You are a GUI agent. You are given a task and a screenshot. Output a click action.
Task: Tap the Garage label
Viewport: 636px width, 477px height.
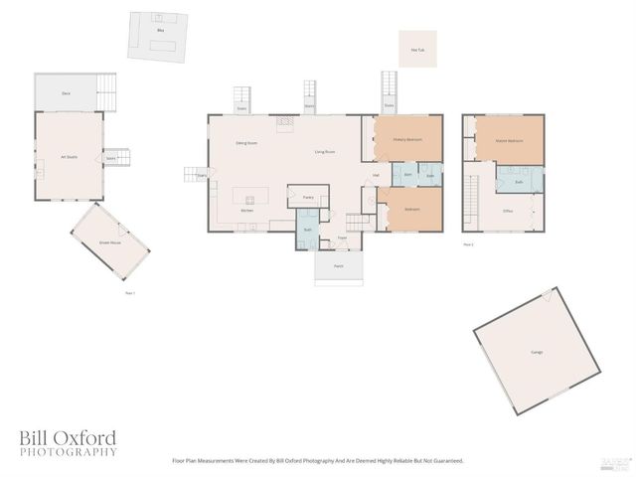click(x=537, y=353)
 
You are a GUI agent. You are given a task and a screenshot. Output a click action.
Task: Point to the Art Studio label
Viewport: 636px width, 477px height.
click(x=69, y=157)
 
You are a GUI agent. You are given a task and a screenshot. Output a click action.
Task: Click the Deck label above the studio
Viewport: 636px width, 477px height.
click(x=66, y=92)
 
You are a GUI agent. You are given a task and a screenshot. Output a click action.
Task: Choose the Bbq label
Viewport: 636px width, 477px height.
click(x=159, y=32)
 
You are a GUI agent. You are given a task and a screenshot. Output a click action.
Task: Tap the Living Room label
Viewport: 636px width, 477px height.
click(x=325, y=152)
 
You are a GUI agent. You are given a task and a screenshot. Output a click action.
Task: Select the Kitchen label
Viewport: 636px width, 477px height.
click(x=247, y=210)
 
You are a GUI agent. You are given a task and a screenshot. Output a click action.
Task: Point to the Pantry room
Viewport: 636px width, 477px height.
click(x=308, y=197)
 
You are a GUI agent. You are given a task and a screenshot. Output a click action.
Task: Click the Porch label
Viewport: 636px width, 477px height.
click(x=338, y=266)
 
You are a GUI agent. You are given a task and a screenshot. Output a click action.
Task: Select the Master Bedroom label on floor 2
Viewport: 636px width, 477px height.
click(x=509, y=140)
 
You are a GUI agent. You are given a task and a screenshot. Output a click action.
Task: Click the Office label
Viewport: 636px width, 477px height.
click(x=507, y=212)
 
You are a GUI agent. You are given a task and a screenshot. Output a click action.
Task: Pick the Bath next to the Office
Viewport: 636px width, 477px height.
click(x=519, y=182)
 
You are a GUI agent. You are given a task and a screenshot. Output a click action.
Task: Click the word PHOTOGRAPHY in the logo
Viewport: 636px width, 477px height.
click(x=68, y=452)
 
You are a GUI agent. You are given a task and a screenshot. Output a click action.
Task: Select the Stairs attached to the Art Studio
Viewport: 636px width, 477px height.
click(x=111, y=157)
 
